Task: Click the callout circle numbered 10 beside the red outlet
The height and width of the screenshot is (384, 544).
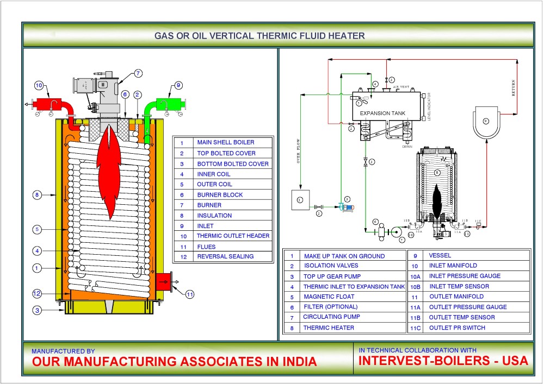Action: click(x=39, y=85)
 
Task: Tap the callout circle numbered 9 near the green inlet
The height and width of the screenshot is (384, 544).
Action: click(x=178, y=85)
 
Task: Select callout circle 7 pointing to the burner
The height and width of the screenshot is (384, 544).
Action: click(x=138, y=73)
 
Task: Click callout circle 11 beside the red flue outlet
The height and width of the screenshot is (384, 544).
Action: click(x=189, y=295)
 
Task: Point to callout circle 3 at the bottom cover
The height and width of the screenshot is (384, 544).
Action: click(x=36, y=311)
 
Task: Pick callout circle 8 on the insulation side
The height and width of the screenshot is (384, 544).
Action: click(x=36, y=194)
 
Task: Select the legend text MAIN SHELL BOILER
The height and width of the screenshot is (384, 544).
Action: click(x=226, y=143)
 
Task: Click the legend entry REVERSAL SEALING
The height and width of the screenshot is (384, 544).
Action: click(x=225, y=256)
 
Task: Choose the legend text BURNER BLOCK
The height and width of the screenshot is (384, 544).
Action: click(x=220, y=194)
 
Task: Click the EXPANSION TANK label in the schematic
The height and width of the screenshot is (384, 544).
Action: click(x=383, y=114)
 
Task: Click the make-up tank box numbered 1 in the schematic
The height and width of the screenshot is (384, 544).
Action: click(x=300, y=200)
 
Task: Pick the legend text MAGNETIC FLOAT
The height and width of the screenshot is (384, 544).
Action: click(x=329, y=297)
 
